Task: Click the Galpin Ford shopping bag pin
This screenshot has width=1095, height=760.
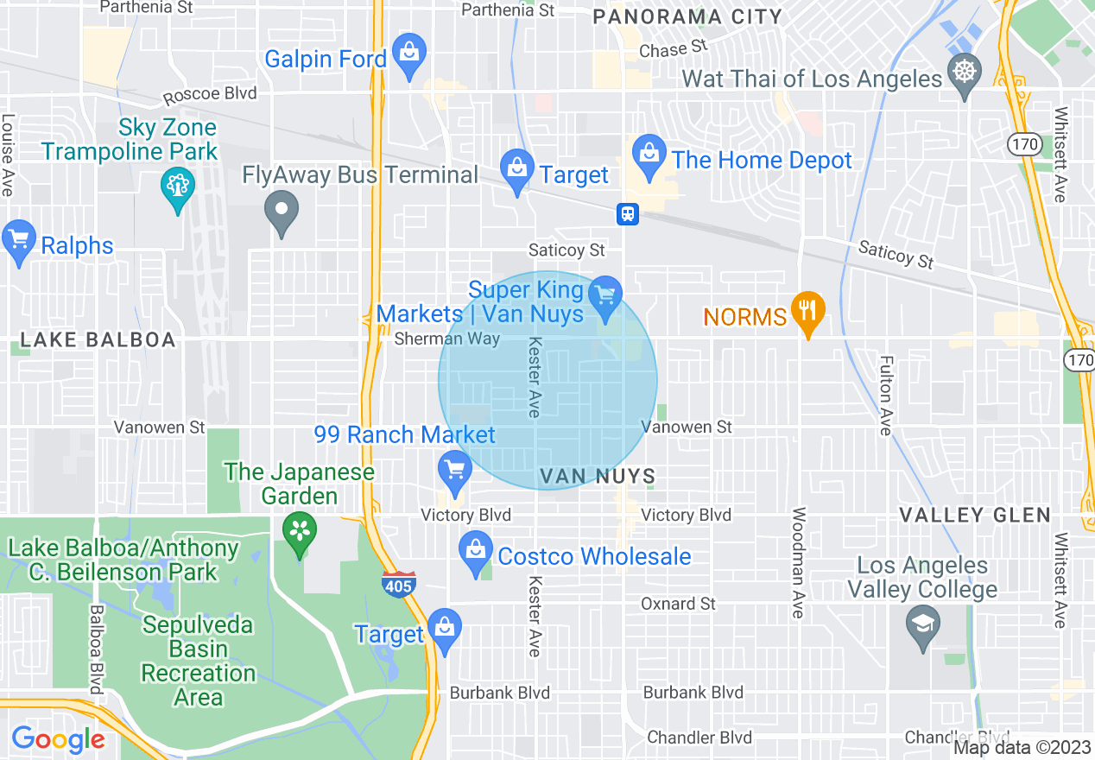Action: point(408,54)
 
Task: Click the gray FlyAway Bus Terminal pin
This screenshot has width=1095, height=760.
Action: point(281,211)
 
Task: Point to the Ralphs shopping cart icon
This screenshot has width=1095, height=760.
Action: point(18,240)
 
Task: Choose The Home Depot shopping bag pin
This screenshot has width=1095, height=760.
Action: point(648,155)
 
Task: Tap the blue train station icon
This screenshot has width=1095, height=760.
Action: point(627,214)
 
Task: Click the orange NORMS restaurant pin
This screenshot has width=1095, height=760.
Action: point(807,311)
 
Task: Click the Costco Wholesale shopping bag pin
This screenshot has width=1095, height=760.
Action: point(475,550)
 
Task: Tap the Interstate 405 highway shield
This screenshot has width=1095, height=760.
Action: point(399,584)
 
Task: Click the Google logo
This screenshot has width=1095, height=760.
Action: point(58,739)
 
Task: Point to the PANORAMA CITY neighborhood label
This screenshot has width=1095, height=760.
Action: point(688,16)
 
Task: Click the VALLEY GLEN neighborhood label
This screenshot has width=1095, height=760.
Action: point(975,516)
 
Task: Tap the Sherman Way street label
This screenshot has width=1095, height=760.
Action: point(446,339)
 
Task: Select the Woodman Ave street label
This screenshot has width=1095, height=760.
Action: point(798,562)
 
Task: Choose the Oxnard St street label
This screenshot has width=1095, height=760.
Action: point(678,603)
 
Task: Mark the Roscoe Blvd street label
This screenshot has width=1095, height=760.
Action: point(210,94)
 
